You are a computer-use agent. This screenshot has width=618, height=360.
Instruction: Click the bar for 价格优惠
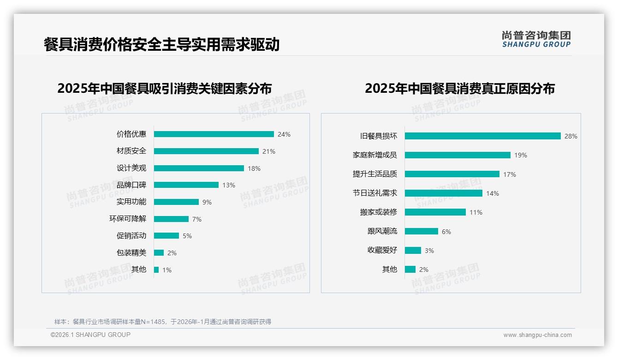(214, 134)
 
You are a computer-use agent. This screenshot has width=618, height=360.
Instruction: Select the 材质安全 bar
(206, 151)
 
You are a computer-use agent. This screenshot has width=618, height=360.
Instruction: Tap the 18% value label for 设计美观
(254, 168)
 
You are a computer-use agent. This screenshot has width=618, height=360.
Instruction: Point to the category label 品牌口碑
(131, 185)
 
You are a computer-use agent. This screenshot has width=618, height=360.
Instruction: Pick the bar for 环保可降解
(171, 219)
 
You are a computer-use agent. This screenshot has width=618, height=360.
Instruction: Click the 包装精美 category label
(131, 253)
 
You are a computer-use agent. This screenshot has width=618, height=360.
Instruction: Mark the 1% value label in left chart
(166, 270)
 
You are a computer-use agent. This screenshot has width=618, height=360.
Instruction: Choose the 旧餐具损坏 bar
(482, 136)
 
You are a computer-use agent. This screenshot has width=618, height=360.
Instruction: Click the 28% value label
(571, 136)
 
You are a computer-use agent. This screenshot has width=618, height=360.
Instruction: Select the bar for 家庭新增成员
(458, 155)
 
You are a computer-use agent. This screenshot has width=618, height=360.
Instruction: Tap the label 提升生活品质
(375, 174)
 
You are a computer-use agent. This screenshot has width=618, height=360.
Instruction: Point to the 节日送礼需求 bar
(443, 193)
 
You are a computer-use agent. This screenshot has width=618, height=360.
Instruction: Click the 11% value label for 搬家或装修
(476, 212)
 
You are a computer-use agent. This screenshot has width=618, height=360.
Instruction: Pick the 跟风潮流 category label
(382, 231)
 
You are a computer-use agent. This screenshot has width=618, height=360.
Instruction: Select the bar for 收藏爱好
(413, 251)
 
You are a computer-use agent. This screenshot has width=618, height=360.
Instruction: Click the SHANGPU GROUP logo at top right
(536, 39)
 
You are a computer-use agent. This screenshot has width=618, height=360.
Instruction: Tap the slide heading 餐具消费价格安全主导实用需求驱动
(161, 44)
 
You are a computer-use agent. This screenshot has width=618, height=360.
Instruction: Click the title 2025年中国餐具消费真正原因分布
(459, 88)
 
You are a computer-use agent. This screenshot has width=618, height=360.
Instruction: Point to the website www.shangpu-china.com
(537, 335)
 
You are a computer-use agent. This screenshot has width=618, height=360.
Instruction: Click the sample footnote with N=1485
(163, 322)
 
